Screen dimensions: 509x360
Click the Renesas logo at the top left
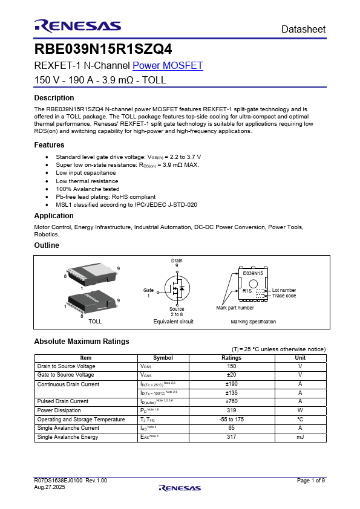(77, 25)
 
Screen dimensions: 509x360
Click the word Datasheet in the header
(303, 29)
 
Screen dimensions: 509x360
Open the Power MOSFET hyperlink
(168, 66)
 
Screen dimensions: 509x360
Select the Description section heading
(54, 98)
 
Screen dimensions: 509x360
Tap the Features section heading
(49, 145)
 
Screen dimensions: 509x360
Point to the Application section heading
(54, 216)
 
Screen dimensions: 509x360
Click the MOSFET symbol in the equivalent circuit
(177, 290)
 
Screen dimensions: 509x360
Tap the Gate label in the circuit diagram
(148, 290)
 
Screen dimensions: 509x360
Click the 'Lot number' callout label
(284, 290)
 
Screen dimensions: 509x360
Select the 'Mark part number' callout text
(235, 308)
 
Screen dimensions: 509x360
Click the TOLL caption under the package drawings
(95, 322)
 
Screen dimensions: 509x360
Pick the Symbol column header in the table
(163, 358)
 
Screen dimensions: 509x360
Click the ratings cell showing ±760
(231, 401)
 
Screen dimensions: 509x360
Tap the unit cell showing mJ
(299, 436)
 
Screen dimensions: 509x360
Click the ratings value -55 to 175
(231, 419)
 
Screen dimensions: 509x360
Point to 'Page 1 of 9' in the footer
(311, 480)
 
